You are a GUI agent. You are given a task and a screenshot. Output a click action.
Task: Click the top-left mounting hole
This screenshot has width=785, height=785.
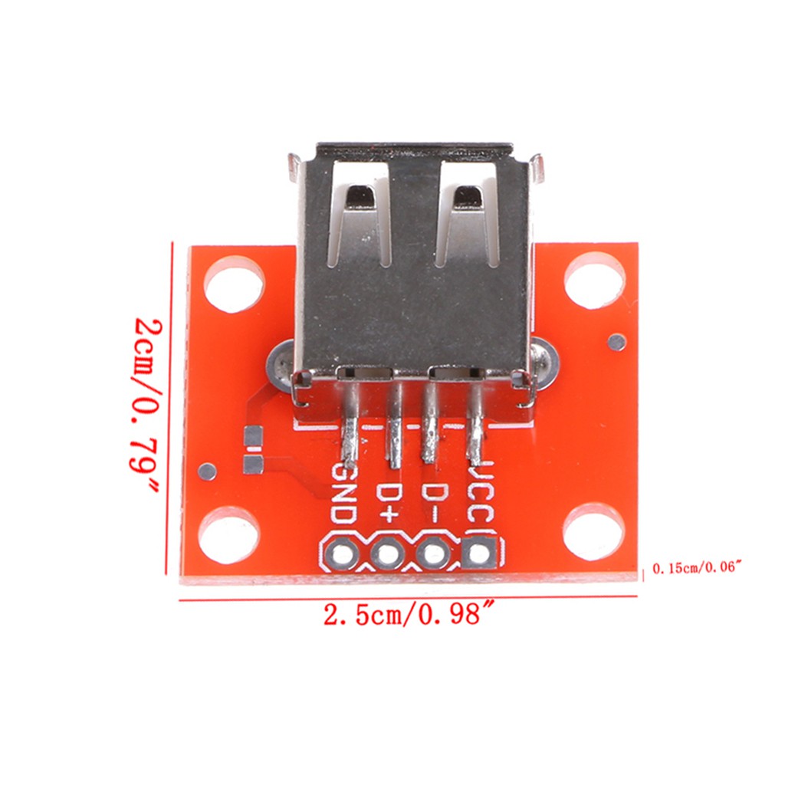tap(234, 284)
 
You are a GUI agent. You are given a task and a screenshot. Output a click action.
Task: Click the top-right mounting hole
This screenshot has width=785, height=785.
tap(594, 281)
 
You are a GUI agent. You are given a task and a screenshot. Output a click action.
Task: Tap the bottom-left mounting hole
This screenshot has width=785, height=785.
tap(228, 535)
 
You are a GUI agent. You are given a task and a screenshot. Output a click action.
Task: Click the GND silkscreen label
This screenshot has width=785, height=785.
tap(342, 494)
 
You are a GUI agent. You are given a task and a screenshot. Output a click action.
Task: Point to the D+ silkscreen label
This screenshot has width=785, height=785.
tap(389, 502)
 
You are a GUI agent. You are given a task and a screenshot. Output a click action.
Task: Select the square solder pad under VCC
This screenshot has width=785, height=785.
tap(480, 552)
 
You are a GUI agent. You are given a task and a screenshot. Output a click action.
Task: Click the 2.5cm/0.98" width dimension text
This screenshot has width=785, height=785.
tap(406, 616)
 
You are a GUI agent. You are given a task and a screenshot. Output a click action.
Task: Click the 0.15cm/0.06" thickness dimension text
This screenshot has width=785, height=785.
tap(698, 568)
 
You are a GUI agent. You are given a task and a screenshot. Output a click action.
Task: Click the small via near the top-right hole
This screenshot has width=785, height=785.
tap(616, 342)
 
